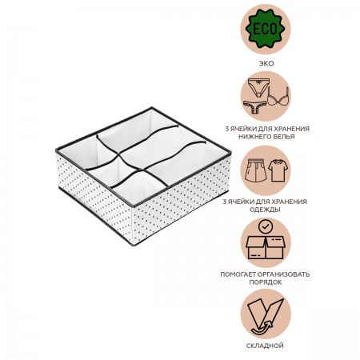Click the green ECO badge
[266, 29]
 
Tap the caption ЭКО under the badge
[266, 63]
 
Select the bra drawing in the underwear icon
[278, 96]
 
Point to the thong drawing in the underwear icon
[255, 108]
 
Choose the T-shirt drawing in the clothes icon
[277, 170]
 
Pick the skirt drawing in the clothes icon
[255, 170]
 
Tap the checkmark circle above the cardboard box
[266, 226]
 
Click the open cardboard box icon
[266, 247]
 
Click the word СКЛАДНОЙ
[265, 346]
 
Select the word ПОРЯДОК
[266, 282]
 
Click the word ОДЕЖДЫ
[265, 210]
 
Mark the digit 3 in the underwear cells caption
[227, 129]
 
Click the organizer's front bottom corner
[134, 245]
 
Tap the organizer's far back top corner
[152, 107]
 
